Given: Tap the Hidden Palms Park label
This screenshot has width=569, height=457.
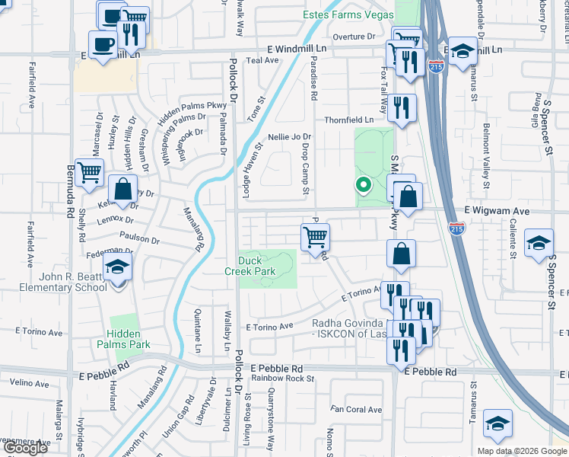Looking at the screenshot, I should pyautogui.click(x=118, y=339).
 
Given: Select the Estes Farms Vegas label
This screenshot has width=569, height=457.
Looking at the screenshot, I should pyautogui.click(x=348, y=15).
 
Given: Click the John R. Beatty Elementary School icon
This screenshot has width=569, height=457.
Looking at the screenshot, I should pyautogui.click(x=117, y=268).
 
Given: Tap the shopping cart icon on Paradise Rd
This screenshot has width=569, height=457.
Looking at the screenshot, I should pyautogui.click(x=315, y=237).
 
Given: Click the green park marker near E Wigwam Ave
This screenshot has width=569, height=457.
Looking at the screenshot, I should pyautogui.click(x=364, y=184).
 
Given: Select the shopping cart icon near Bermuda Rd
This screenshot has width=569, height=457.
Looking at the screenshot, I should pyautogui.click(x=90, y=174).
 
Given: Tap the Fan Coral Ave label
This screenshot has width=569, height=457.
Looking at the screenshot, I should pyautogui.click(x=356, y=410).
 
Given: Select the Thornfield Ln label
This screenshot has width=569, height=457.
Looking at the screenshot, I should pyautogui.click(x=349, y=120).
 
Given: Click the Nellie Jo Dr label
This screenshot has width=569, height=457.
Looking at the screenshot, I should pyautogui.click(x=289, y=137).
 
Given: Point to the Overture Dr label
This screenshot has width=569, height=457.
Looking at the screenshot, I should pyautogui.click(x=354, y=36).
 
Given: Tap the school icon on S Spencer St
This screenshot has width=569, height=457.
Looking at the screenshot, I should pyautogui.click(x=539, y=243).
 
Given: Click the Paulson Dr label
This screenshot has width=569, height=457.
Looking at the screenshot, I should pyautogui.click(x=138, y=240).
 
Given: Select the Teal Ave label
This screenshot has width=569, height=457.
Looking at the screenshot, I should pyautogui.click(x=262, y=60).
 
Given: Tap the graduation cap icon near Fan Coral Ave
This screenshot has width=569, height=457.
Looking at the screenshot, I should pyautogui.click(x=497, y=424).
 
